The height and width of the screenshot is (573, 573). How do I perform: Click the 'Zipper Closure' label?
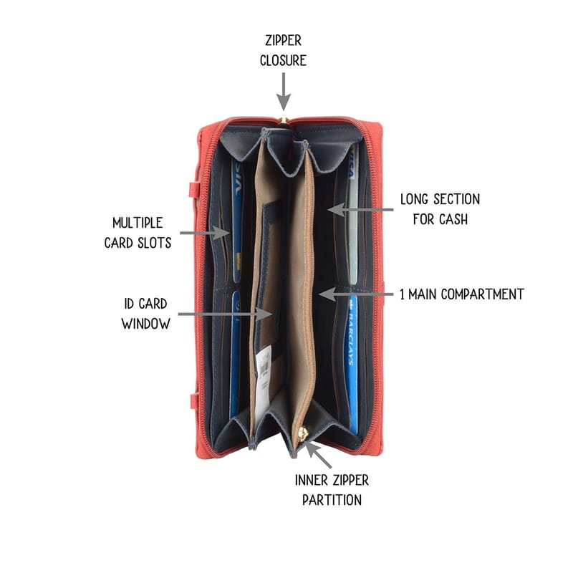coord(283,50)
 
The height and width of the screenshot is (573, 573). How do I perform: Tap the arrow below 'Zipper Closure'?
coord(284,92)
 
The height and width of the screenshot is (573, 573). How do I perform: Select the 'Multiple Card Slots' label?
coord(138,233)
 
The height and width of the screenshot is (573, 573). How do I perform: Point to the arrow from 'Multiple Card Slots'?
coord(204,233)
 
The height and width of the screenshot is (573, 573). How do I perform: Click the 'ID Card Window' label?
coord(146,314)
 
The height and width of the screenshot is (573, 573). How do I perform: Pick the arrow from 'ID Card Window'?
coord(225,314)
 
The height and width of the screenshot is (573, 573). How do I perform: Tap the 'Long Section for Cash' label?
coord(440,209)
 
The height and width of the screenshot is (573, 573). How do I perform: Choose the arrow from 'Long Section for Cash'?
coord(360,210)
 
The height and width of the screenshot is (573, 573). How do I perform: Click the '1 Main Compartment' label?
coord(462,294)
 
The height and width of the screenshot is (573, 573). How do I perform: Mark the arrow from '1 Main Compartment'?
coord(356,294)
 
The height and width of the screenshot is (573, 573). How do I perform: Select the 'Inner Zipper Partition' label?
coord(332,490)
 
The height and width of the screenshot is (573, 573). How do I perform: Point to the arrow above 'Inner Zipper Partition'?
coord(318,455)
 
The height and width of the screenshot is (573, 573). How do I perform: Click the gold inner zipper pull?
coord(303,435)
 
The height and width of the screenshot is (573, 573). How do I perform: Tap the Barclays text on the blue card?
coord(350,338)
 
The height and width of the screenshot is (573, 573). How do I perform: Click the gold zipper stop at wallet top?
coord(283,119)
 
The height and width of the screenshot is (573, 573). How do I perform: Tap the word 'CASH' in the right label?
coord(453,219)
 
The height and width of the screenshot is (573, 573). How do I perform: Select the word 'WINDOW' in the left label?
coord(146,324)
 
